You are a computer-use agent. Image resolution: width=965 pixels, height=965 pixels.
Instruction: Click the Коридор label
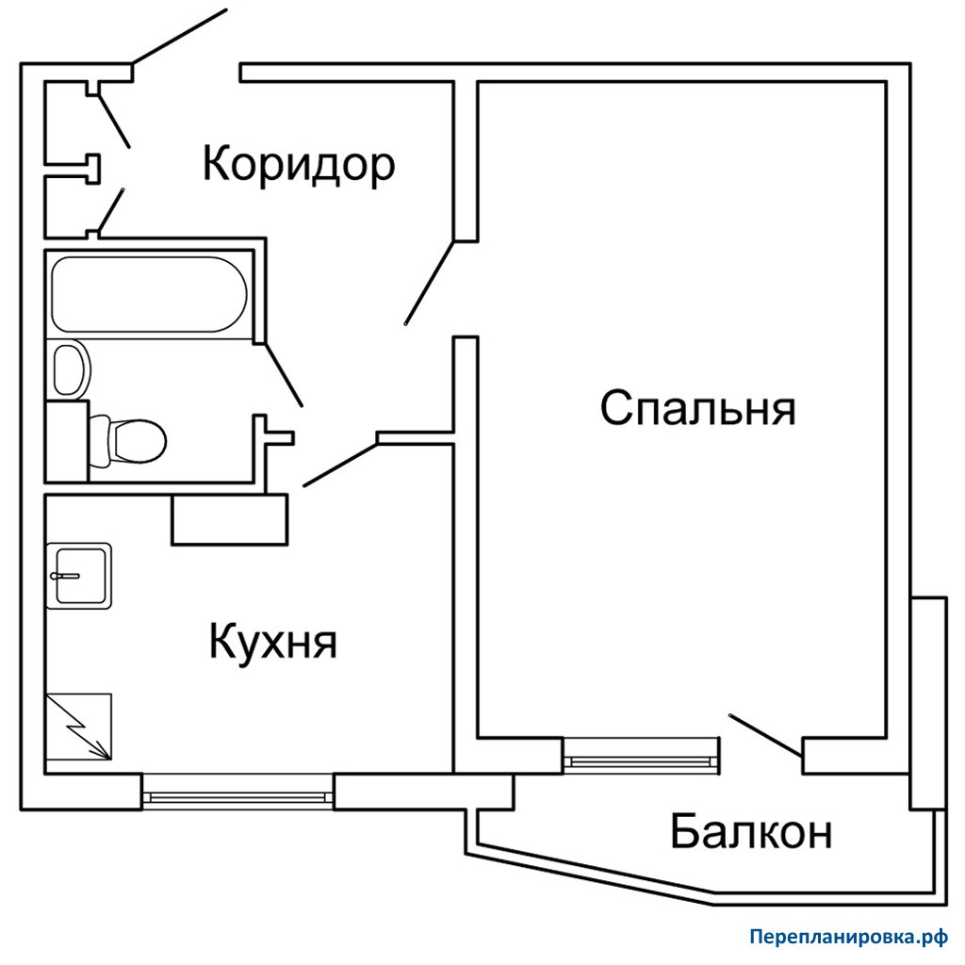[299, 164]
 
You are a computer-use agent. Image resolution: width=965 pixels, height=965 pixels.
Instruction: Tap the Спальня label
[698, 407]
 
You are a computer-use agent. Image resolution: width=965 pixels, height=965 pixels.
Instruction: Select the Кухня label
[273, 641]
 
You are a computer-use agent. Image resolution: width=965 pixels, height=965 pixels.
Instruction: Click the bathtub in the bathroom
[149, 294]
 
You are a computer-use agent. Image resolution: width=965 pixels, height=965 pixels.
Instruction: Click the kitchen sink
[79, 576]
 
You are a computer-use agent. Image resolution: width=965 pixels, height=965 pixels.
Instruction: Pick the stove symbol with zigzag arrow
[79, 727]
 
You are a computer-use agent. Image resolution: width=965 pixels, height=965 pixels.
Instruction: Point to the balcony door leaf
[765, 735]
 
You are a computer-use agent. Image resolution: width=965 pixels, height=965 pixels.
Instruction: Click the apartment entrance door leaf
[180, 37]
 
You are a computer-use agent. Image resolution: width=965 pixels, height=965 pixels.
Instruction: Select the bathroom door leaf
[283, 375]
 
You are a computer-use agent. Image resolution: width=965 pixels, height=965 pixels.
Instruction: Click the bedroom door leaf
[430, 283]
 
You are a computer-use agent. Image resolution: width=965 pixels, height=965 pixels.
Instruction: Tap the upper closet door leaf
[114, 122]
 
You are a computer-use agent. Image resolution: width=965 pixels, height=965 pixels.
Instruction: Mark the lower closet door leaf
[111, 210]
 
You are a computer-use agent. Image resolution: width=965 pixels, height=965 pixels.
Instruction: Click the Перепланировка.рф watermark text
[849, 938]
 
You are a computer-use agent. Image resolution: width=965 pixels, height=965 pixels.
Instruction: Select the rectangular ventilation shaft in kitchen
[230, 519]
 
